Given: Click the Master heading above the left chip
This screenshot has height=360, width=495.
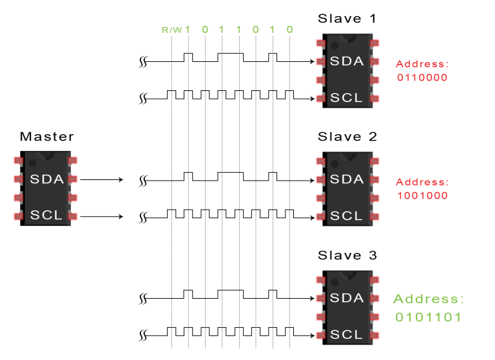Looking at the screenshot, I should (x=46, y=137).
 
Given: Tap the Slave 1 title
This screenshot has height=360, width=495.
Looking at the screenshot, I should (x=347, y=18).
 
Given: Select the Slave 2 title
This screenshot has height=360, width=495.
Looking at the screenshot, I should (x=347, y=137).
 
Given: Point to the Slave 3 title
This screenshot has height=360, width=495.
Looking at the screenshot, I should (x=347, y=255).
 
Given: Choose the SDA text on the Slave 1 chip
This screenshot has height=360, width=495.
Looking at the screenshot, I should (x=347, y=61).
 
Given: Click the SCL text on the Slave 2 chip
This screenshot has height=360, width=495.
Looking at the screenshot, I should (x=347, y=216).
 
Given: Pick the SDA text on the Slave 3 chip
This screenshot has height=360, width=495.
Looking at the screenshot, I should (x=347, y=298).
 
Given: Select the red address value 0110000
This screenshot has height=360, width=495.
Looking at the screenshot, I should (x=422, y=77).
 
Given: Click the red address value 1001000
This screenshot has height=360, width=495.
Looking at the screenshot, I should (x=422, y=195).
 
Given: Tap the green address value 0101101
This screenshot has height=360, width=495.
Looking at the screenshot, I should (x=428, y=317).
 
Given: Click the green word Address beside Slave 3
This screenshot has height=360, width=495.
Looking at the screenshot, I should (x=428, y=299).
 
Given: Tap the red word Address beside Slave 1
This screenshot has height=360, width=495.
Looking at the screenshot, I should (x=421, y=64).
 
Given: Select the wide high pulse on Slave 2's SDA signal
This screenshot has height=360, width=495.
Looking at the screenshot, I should (x=230, y=173).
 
